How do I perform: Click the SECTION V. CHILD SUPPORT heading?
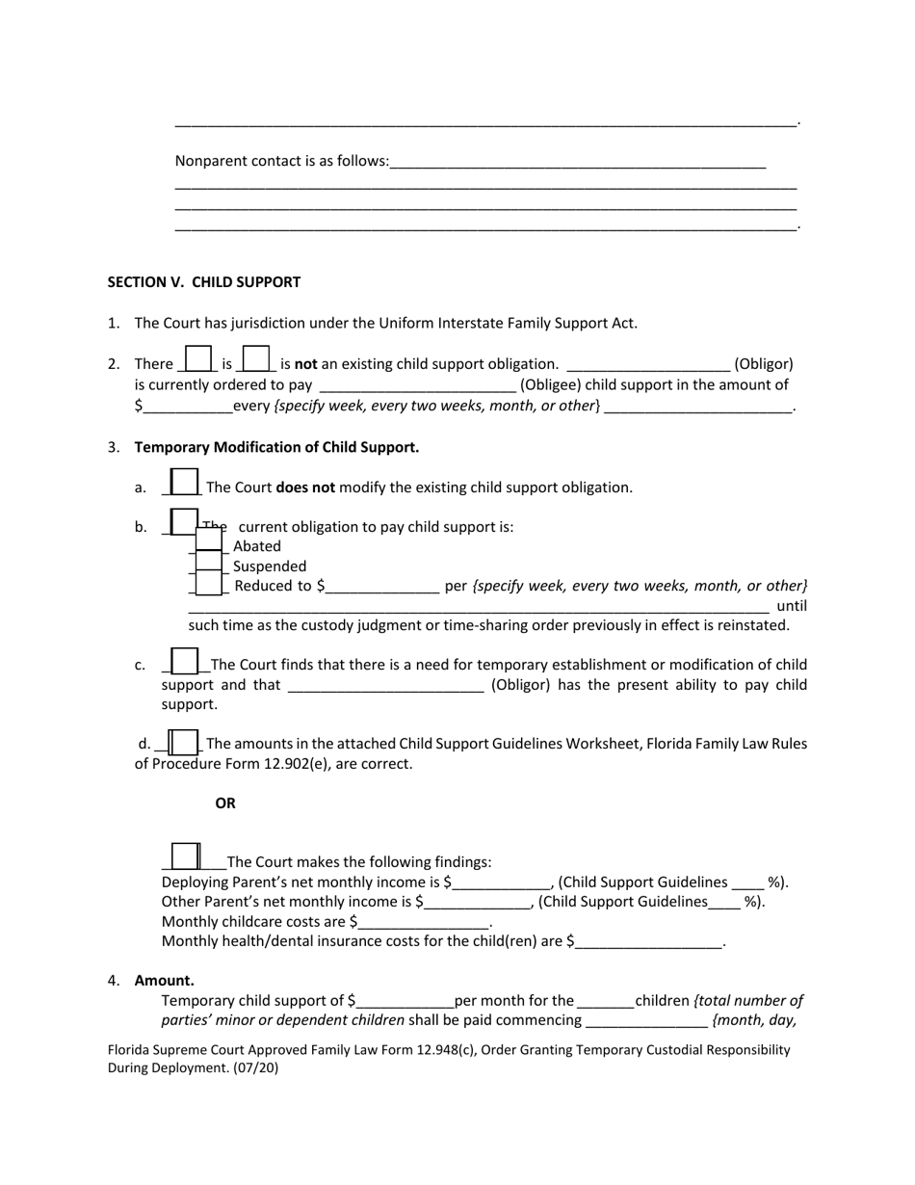[x=203, y=282]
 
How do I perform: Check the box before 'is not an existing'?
[x=256, y=359]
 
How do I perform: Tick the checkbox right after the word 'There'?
[x=197, y=359]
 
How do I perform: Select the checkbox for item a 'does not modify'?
[x=184, y=482]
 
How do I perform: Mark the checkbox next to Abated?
[x=209, y=541]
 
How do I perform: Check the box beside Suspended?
[x=209, y=564]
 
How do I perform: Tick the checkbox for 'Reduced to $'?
[x=209, y=584]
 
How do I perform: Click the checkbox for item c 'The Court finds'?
[x=184, y=661]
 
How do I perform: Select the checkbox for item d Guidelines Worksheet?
[x=183, y=742]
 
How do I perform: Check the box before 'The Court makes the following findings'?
[x=185, y=856]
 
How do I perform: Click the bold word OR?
[x=225, y=803]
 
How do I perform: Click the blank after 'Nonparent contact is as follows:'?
[x=578, y=162]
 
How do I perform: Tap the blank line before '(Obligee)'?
[x=417, y=385]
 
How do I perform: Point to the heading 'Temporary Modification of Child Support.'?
[x=276, y=447]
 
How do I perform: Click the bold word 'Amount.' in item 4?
[x=164, y=981]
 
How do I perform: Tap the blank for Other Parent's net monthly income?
[x=477, y=903]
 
